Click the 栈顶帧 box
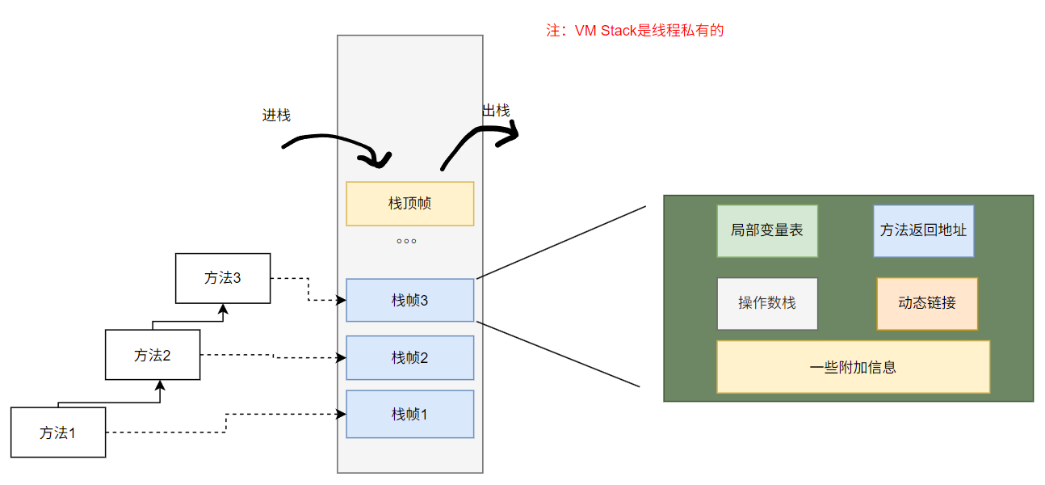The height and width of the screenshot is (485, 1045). (409, 204)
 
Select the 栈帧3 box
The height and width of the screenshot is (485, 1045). (409, 300)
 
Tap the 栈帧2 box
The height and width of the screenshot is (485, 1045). (409, 357)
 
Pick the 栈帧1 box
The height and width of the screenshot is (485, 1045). (409, 414)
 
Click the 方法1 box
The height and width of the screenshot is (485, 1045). (58, 432)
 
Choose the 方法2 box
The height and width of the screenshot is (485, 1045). (152, 355)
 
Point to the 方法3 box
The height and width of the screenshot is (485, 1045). (223, 278)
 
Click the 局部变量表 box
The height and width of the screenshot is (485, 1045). (767, 230)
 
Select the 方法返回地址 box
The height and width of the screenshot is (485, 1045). (923, 230)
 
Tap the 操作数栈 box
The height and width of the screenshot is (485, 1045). (767, 303)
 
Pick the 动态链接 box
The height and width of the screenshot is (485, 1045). (927, 303)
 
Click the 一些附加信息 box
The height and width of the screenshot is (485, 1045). (853, 367)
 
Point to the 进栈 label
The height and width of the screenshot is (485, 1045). (276, 115)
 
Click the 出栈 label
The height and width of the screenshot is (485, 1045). (496, 111)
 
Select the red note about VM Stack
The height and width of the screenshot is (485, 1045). (635, 32)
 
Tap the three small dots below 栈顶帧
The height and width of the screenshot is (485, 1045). (406, 241)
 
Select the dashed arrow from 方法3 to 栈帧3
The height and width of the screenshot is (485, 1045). (309, 291)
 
